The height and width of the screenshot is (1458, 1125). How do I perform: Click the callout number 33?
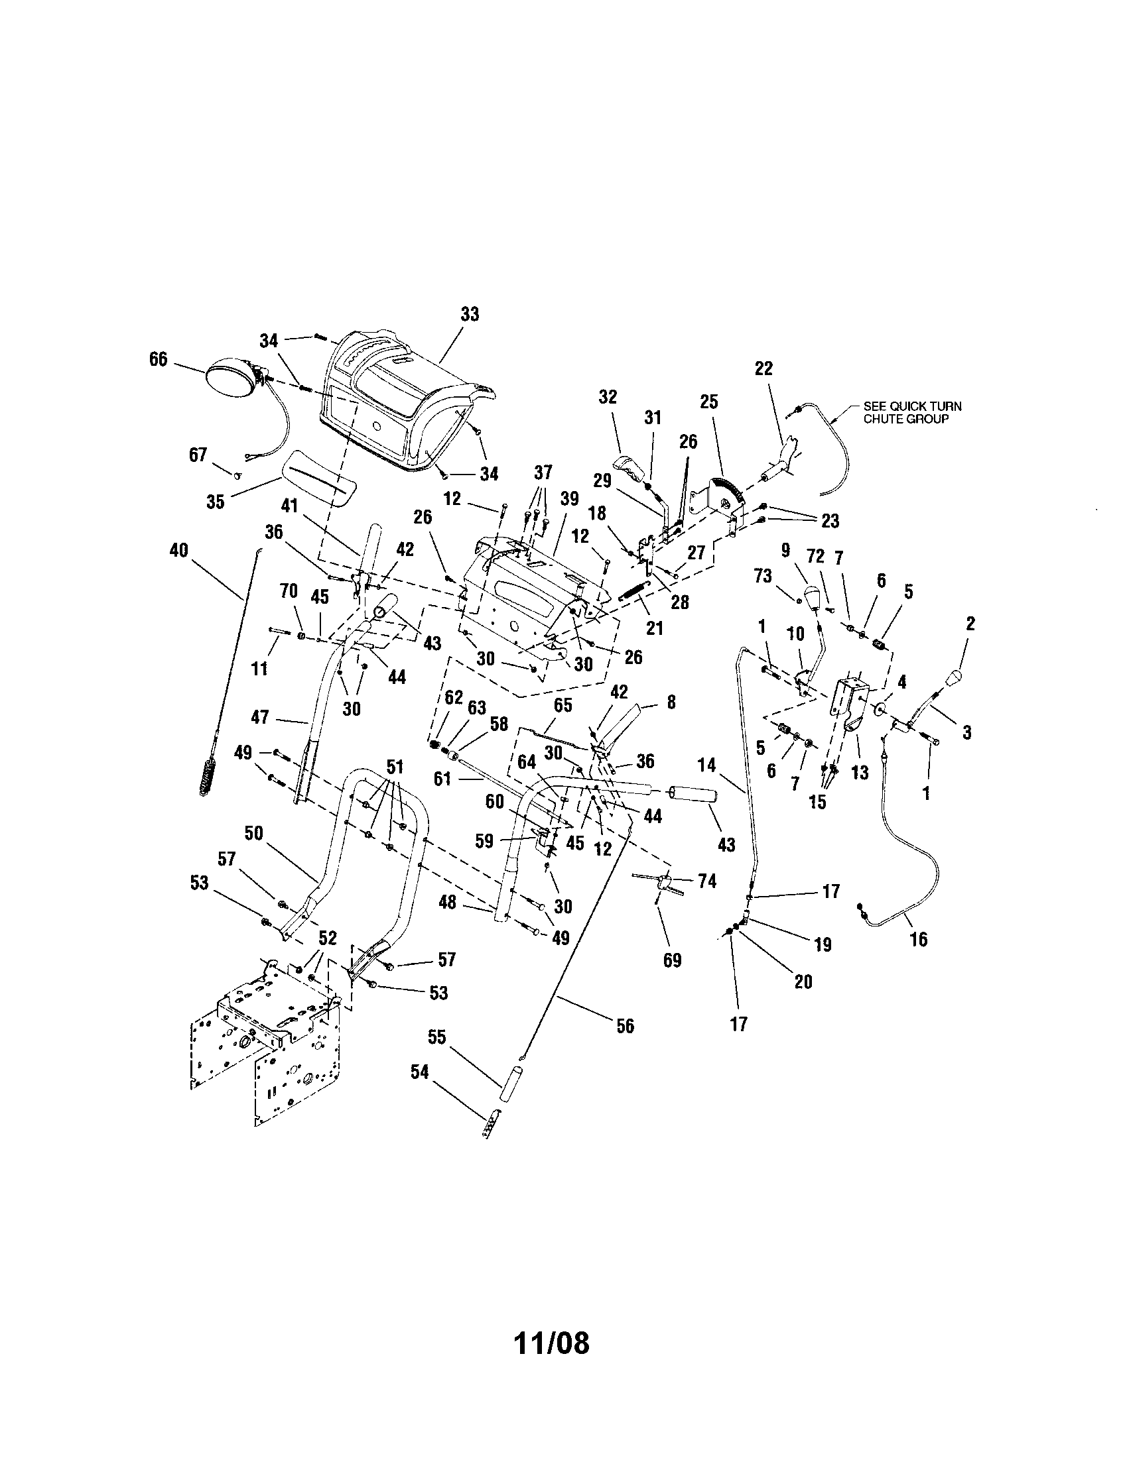[470, 314]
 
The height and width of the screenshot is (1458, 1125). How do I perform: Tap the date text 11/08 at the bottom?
[551, 1344]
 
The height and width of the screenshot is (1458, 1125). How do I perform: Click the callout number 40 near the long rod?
[179, 551]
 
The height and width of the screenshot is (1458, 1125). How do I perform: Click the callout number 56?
[625, 1025]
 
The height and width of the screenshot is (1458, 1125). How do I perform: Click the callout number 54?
[419, 1072]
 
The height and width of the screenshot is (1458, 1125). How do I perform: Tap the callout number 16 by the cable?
[919, 939]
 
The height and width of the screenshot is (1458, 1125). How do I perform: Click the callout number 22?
[763, 368]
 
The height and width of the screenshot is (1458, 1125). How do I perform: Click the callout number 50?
[254, 833]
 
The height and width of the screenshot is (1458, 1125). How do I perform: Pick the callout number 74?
[706, 881]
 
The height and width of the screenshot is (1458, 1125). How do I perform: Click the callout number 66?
[158, 359]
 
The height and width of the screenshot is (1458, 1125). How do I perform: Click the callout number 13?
[860, 772]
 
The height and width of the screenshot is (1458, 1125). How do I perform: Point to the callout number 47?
[259, 717]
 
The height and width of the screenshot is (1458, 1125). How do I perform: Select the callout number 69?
[672, 960]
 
